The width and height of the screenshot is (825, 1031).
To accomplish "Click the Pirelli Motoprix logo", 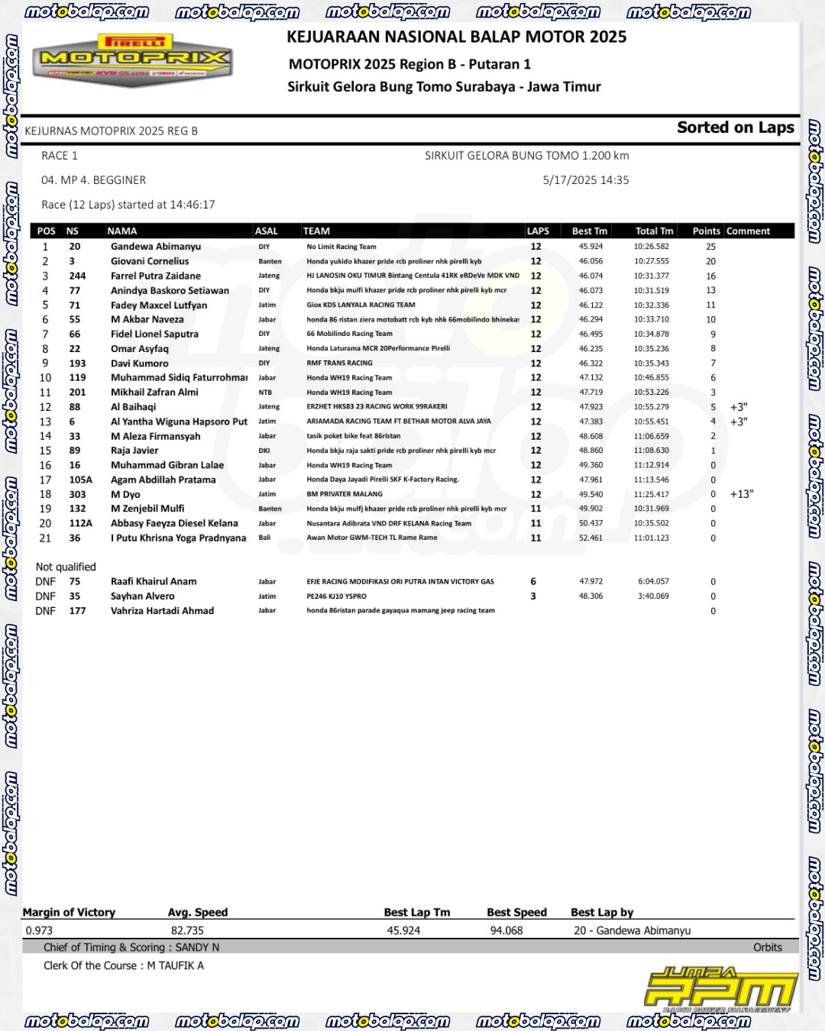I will tap(133, 60).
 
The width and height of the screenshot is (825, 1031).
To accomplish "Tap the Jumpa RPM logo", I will tap(720, 990).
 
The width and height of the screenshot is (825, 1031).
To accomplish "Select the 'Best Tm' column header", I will tap(590, 231).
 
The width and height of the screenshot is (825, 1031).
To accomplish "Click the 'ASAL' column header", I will tap(267, 231).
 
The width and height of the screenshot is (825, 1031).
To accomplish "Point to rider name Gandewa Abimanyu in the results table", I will tap(156, 247).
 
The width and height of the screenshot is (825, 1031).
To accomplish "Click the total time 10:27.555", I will tap(651, 261).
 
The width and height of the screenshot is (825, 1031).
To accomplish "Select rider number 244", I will tap(77, 276).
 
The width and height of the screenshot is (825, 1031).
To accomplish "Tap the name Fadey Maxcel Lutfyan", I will tap(159, 305).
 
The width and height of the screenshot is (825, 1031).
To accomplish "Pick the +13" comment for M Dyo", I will tap(741, 494).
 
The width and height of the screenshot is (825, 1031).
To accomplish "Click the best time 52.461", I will tap(590, 538).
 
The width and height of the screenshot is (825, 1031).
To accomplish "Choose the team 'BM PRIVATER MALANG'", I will tap(345, 494).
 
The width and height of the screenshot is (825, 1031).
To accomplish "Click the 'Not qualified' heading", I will tap(66, 567).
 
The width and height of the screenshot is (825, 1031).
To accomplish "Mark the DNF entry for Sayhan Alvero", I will tap(45, 596).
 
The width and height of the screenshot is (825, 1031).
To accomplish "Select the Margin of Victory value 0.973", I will tap(39, 930).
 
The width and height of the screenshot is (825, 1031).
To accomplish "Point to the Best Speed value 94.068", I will tap(506, 930).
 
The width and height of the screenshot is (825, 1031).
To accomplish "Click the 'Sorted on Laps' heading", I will tap(735, 128).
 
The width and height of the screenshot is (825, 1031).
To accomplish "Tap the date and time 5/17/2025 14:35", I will tap(585, 180).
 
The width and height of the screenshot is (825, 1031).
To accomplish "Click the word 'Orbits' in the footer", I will tap(767, 947).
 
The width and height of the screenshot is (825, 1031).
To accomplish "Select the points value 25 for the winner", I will tap(710, 247).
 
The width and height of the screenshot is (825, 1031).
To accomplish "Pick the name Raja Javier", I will tap(134, 451).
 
